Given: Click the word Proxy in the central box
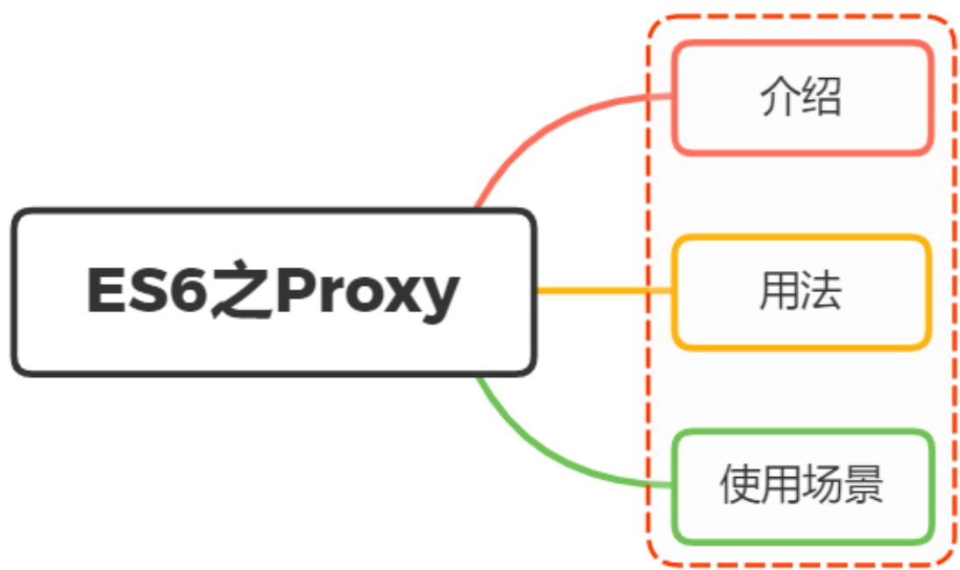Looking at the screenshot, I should tap(367, 293).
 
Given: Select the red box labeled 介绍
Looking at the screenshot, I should tap(801, 98).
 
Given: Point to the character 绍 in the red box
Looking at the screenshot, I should tap(821, 98).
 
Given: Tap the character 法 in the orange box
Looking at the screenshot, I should tap(821, 292).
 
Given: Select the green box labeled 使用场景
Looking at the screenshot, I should tap(801, 486).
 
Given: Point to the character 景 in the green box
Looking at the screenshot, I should tap(864, 486).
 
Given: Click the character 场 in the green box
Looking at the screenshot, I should tap(821, 486).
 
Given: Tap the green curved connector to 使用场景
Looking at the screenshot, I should tap(544, 456).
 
